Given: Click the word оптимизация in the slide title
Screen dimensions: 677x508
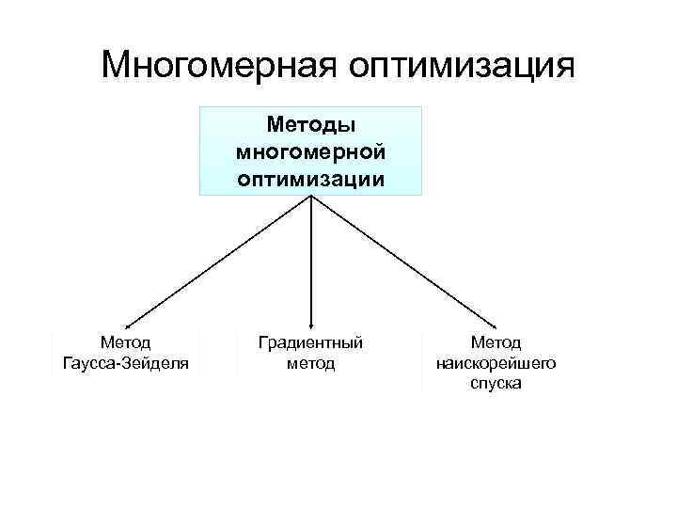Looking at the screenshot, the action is click(x=461, y=65).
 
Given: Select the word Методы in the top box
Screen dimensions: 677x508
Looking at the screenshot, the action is click(x=310, y=124).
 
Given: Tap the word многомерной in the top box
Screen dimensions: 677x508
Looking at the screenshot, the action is click(x=310, y=151).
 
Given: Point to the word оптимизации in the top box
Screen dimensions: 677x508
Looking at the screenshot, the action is click(x=310, y=178).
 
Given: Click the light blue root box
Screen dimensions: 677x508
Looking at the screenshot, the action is click(x=310, y=151).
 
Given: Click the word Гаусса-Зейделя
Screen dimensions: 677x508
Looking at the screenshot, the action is click(x=125, y=363).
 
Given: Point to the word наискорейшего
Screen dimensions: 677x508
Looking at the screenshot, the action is click(x=496, y=363).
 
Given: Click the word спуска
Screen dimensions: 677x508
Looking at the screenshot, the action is click(x=496, y=384).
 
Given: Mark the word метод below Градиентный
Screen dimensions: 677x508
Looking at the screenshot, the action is click(x=310, y=363).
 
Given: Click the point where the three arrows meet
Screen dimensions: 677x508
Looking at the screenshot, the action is click(x=311, y=197).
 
